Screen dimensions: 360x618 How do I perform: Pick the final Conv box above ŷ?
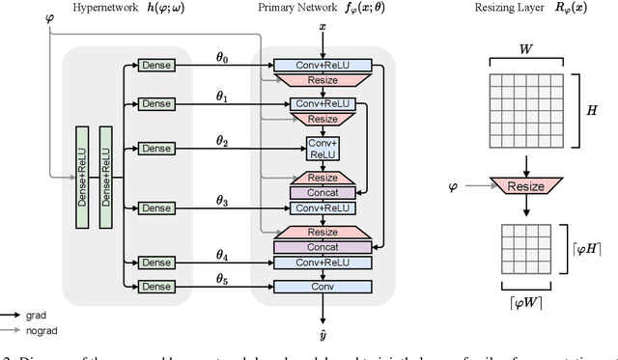click(323, 287)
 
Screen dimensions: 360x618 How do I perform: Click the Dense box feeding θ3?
click(154, 208)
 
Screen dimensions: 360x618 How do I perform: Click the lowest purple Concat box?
click(323, 247)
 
